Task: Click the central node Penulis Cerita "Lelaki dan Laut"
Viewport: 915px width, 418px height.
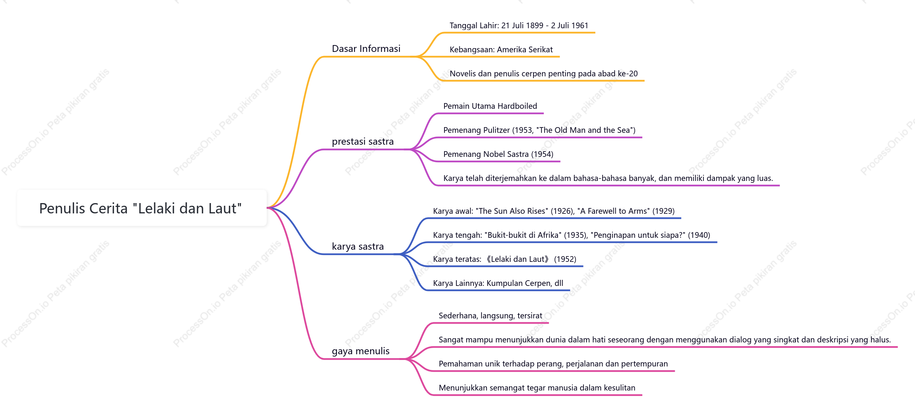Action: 141,208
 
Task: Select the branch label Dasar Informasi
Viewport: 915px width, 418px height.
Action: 366,48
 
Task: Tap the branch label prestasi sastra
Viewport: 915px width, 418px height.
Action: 362,142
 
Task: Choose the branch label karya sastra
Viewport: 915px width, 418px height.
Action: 357,247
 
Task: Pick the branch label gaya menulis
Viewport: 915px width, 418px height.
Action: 361,351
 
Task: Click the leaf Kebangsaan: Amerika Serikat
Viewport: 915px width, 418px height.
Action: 501,50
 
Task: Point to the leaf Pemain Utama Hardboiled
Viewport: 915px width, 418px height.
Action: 490,106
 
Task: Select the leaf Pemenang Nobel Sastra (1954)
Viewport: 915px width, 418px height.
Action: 498,154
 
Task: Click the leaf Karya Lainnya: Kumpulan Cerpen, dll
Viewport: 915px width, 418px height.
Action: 498,283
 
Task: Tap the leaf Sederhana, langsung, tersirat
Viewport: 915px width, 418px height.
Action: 490,316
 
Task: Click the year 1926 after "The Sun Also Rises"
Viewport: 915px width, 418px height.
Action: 561,211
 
